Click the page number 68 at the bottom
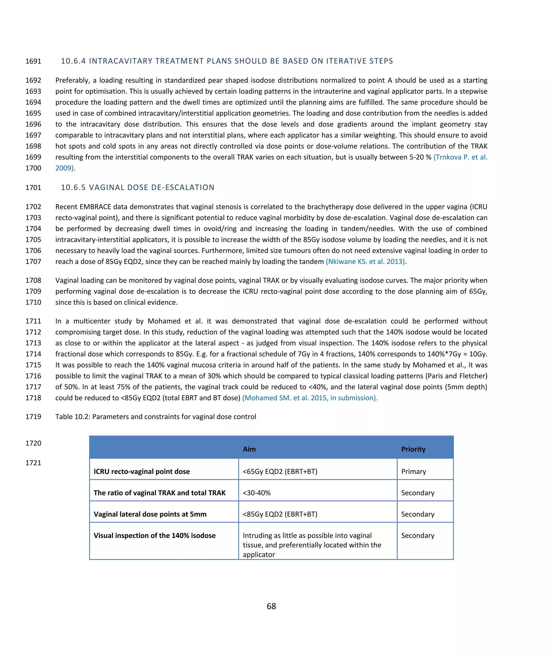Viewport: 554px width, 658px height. click(x=271, y=606)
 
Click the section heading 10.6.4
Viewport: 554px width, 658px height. click(x=227, y=61)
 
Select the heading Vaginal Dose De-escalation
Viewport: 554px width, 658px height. click(x=138, y=187)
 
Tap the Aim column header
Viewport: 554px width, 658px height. click(x=249, y=449)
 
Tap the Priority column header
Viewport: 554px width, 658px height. click(x=413, y=449)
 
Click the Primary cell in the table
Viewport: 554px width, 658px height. click(x=413, y=471)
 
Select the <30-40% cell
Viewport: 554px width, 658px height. click(x=257, y=493)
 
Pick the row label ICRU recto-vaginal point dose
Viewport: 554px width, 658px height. click(x=142, y=471)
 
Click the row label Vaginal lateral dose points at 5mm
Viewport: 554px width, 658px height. click(x=150, y=514)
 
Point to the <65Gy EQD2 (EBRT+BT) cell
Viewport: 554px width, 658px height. click(x=280, y=471)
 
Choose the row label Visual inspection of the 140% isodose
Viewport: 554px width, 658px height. click(x=154, y=535)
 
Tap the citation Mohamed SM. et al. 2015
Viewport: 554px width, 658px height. click(x=310, y=398)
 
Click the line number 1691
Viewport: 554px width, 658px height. click(x=33, y=61)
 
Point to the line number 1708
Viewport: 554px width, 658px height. click(x=33, y=280)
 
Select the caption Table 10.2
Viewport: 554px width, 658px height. click(x=156, y=416)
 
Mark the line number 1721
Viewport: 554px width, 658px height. click(x=33, y=463)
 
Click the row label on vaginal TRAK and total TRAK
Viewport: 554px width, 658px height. click(x=160, y=493)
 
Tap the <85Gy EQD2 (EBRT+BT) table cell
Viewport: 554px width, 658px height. click(x=280, y=514)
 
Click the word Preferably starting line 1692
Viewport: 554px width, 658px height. click(x=72, y=80)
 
